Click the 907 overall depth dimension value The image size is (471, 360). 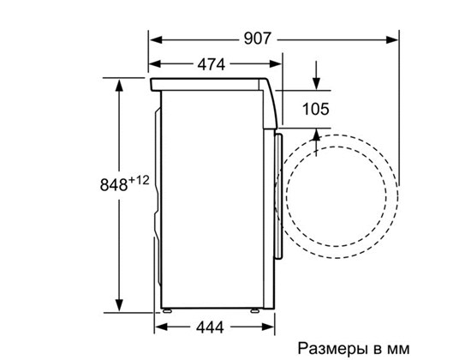click(x=258, y=39)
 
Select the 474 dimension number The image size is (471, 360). click(x=212, y=64)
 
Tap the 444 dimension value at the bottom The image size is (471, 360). click(x=210, y=327)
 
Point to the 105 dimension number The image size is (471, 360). click(x=316, y=109)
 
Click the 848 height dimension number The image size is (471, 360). click(x=114, y=184)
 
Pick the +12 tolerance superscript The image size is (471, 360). click(x=139, y=181)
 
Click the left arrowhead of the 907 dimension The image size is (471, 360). click(x=156, y=39)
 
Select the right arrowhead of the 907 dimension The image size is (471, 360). click(x=391, y=39)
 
